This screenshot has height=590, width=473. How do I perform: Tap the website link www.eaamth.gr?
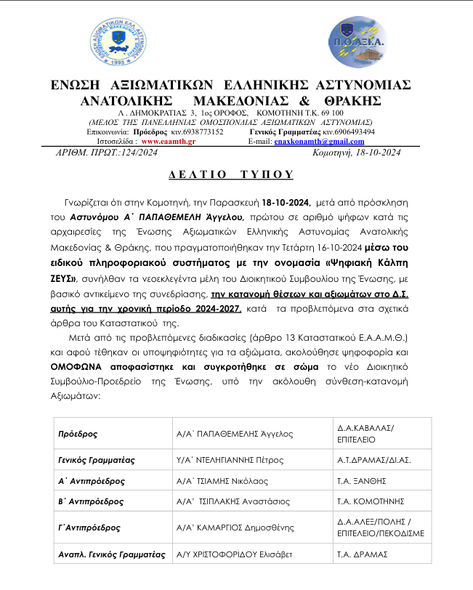(166, 142)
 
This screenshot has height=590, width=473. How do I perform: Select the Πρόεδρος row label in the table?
(79, 434)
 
